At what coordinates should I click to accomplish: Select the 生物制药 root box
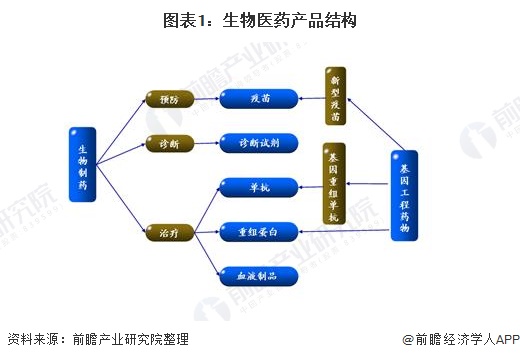(83, 164)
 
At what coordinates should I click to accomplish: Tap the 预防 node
(168, 99)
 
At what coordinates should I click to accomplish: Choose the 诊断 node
(168, 144)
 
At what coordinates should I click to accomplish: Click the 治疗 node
(168, 231)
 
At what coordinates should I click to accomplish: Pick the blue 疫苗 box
(258, 99)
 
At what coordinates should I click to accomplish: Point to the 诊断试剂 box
(258, 143)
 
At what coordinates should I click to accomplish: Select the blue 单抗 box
(258, 186)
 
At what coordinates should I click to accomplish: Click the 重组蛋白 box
(258, 231)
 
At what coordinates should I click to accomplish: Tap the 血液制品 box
(258, 274)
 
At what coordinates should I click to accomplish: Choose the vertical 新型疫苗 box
(335, 96)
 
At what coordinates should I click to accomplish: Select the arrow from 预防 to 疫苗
(206, 99)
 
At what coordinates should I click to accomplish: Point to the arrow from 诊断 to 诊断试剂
(206, 144)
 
